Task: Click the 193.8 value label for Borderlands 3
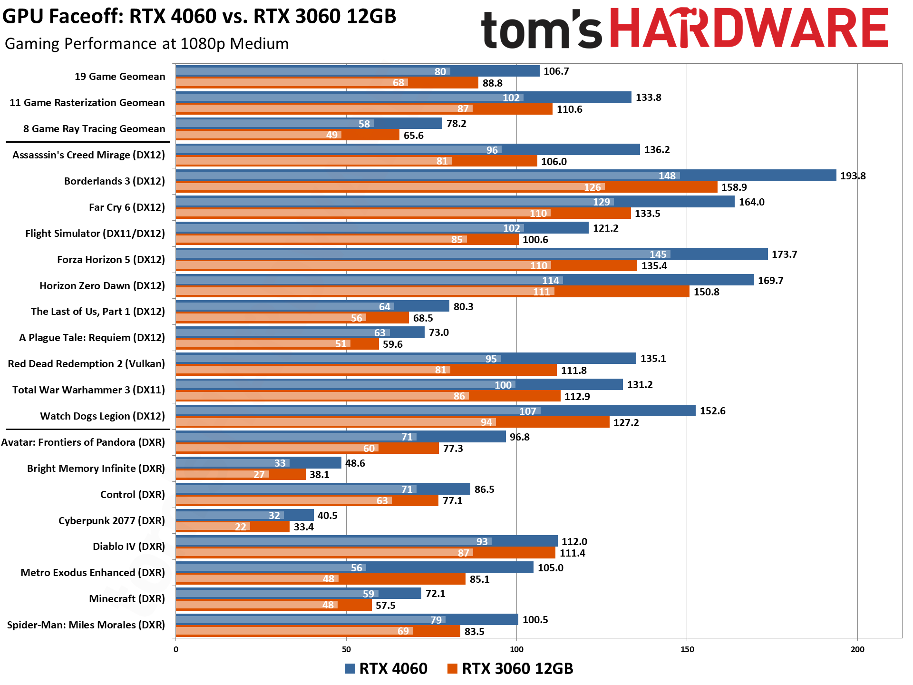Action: [x=853, y=176]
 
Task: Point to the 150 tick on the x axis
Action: [x=687, y=649]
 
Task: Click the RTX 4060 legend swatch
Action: [x=350, y=669]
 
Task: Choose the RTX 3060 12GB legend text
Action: [x=517, y=669]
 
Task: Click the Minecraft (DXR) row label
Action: [x=126, y=599]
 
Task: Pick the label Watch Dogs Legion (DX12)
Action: [x=102, y=416]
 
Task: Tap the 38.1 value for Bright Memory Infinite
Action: [x=319, y=475]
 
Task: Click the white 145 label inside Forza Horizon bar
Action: [x=658, y=254]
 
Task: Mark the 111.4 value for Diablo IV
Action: [x=572, y=553]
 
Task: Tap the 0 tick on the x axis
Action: [x=176, y=649]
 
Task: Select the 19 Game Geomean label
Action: [x=120, y=77]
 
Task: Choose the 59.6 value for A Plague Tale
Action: [x=392, y=344]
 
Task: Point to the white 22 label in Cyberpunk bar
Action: [x=241, y=527]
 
